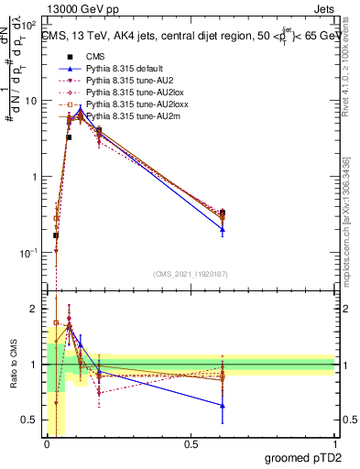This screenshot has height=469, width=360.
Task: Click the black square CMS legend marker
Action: coord(70,56)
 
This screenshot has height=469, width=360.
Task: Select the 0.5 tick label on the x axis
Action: coord(191,443)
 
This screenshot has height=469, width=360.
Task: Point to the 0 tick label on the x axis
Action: coord(47,443)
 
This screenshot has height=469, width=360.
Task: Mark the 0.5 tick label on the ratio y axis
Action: coord(32,420)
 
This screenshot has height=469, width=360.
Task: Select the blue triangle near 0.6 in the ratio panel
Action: coord(223,405)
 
